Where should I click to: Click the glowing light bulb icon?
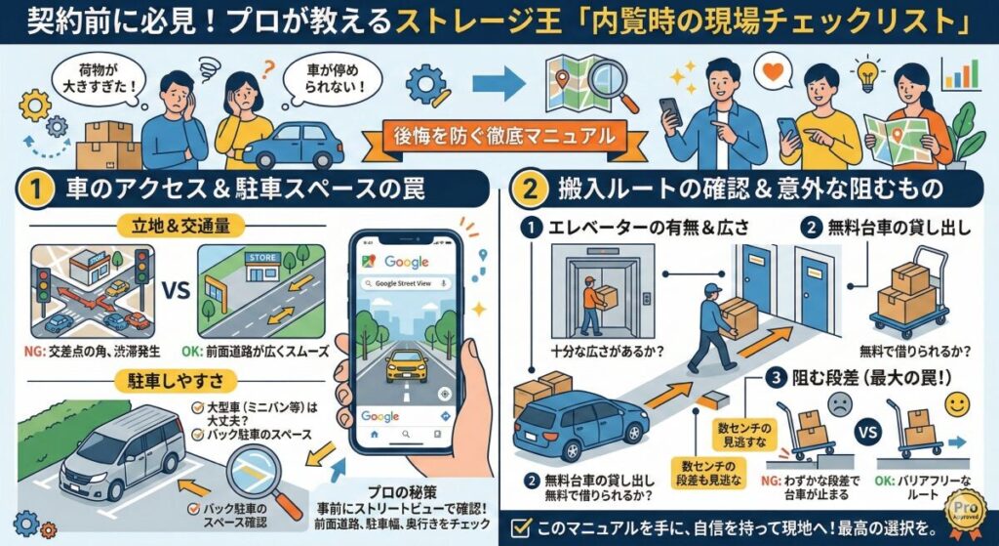click(867, 72)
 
